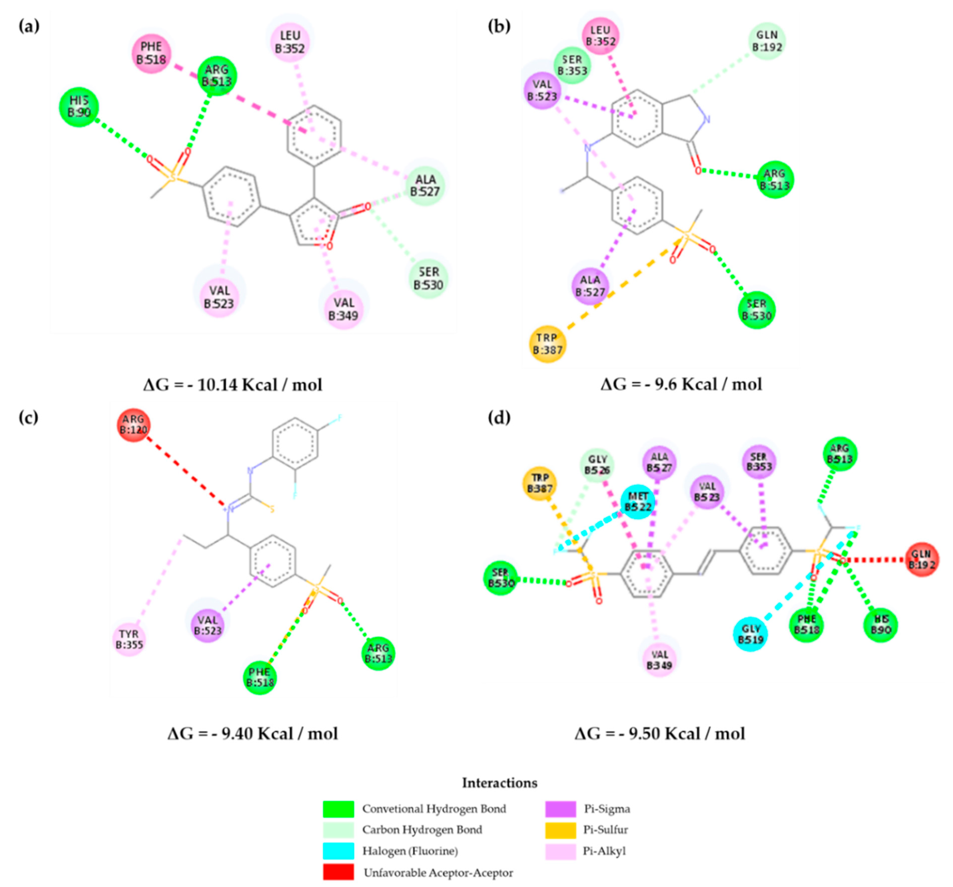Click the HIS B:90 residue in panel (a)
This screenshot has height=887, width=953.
[x=79, y=106]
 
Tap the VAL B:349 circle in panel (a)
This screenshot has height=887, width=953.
[x=344, y=309]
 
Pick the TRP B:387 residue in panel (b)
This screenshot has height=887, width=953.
[x=547, y=344]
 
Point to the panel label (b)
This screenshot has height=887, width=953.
[x=499, y=26]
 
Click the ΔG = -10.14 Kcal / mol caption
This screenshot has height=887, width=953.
[x=233, y=384]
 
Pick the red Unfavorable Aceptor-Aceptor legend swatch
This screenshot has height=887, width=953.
[x=338, y=872]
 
